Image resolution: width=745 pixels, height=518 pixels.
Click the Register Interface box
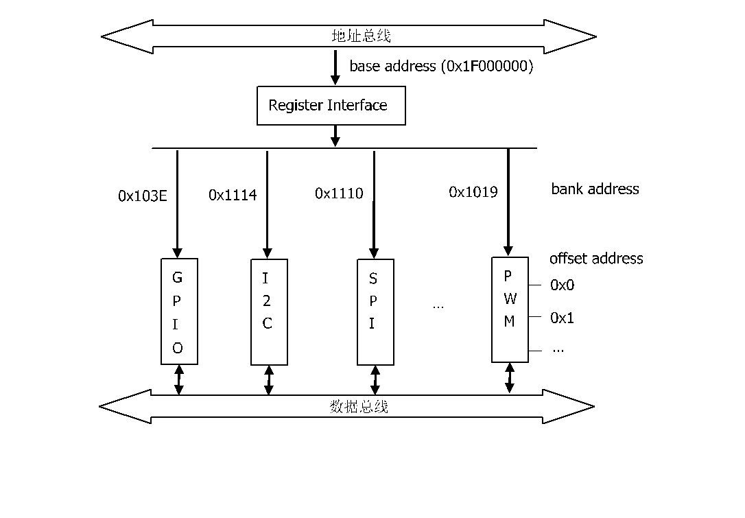point(331,106)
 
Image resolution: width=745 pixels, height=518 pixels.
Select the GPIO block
point(179,311)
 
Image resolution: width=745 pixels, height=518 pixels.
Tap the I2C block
point(269,311)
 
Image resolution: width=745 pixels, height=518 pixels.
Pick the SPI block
point(375,311)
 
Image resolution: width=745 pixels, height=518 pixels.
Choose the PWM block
point(510,310)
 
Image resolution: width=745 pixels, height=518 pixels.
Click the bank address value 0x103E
point(143,196)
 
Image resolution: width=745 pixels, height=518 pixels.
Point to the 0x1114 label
point(233,195)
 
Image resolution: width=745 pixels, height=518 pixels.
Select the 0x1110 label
point(339,193)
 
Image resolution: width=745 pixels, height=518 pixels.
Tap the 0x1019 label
point(473,192)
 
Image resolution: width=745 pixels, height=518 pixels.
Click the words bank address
point(595,189)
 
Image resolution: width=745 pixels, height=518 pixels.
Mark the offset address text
point(596,259)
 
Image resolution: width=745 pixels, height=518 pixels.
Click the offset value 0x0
point(562,285)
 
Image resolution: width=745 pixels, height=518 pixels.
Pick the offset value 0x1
point(562,318)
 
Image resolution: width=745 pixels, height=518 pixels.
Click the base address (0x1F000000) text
point(441,66)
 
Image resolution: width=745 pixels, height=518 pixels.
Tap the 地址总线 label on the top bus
point(361,36)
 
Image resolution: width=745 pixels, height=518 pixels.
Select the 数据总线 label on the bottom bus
point(359,407)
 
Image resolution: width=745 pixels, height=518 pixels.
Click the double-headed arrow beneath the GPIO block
point(178,379)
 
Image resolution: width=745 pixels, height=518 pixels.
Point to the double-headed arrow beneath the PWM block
point(509,378)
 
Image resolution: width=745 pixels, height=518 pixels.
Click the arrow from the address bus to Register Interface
point(335,67)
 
